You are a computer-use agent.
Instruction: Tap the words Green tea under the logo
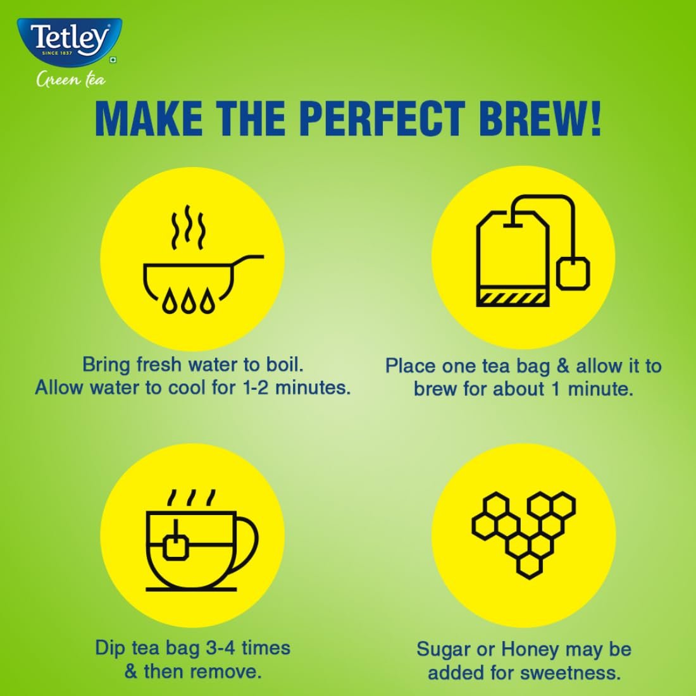[x=71, y=80]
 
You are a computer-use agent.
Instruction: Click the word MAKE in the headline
[x=149, y=118]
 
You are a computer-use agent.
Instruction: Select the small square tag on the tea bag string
[x=573, y=273]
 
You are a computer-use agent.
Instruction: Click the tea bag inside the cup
[x=177, y=545]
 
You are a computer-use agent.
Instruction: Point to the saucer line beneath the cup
[x=192, y=589]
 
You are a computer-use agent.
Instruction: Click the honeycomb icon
[x=524, y=534]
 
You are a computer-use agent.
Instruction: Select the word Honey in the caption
[x=528, y=649]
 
